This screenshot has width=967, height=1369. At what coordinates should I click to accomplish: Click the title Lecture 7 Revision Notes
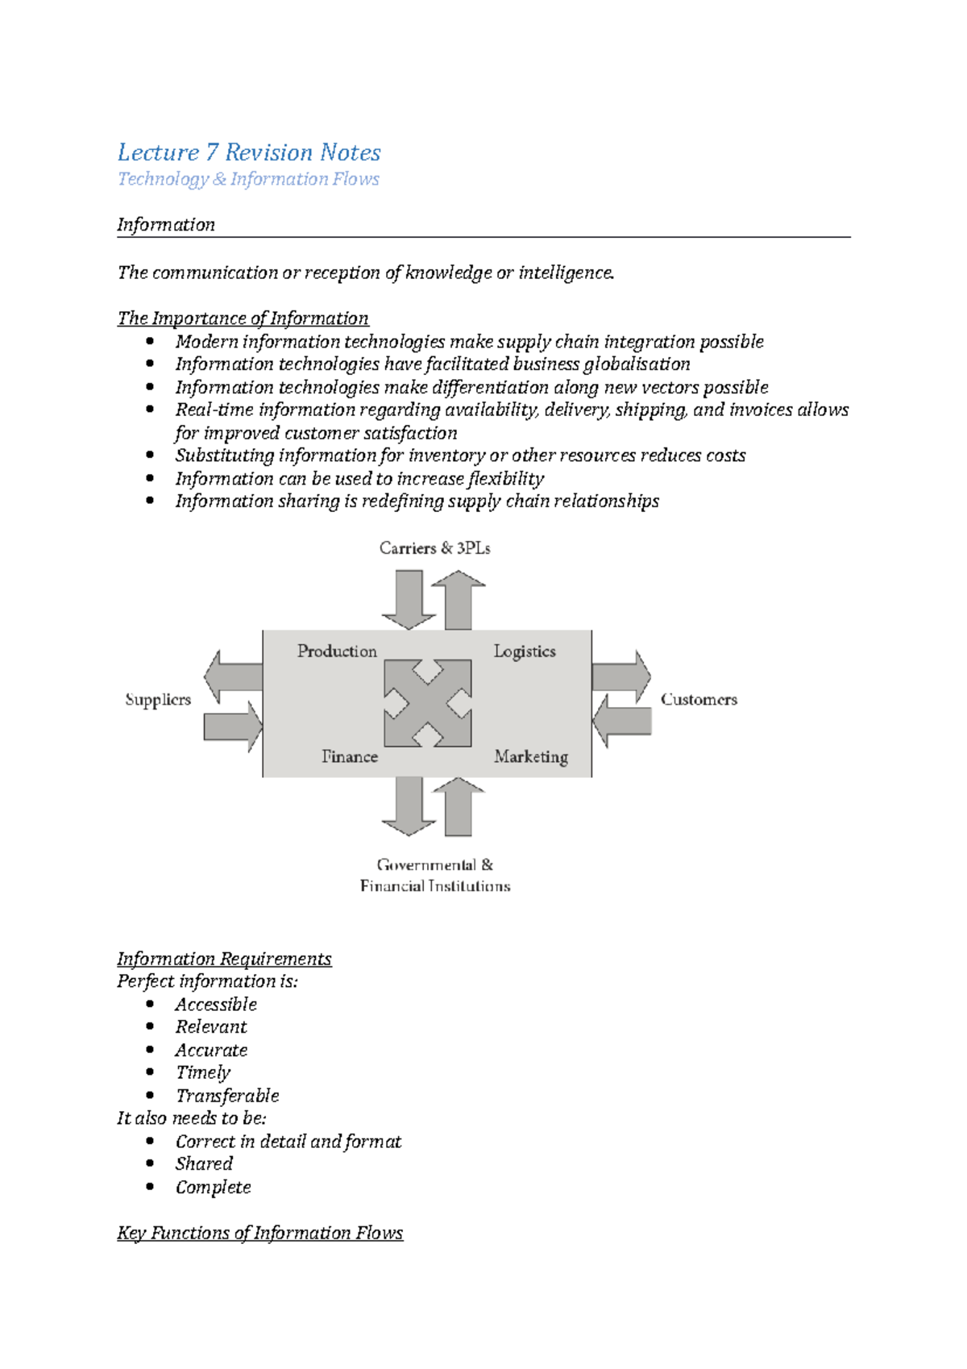[249, 152]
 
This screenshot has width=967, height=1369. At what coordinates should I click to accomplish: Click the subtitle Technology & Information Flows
[248, 179]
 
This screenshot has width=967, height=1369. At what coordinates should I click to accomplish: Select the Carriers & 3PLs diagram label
[434, 548]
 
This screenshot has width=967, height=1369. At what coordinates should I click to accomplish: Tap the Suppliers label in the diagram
[158, 700]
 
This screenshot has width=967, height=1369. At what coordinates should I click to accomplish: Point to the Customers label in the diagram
[699, 700]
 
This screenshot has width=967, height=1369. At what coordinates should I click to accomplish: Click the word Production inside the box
[337, 651]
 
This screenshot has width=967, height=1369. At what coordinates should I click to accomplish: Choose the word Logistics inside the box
[525, 651]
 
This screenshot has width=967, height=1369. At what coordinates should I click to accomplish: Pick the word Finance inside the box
[350, 756]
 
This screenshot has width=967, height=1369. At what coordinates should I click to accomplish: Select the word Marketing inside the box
[531, 756]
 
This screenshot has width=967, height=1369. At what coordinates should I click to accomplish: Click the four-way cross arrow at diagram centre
[428, 703]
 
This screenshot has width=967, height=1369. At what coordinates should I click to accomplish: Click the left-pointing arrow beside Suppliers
[234, 676]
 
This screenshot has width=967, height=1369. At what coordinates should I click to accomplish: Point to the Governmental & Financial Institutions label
[435, 876]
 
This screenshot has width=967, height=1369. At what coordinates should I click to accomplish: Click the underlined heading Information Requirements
[224, 959]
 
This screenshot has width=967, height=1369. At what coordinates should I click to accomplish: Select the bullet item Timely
[203, 1072]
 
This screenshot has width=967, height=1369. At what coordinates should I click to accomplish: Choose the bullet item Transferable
[227, 1096]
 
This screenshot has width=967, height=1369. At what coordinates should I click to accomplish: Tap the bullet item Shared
[204, 1163]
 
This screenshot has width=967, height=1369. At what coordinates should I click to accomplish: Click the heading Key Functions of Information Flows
[259, 1233]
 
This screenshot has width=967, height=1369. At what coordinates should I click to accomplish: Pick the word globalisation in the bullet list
[636, 364]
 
